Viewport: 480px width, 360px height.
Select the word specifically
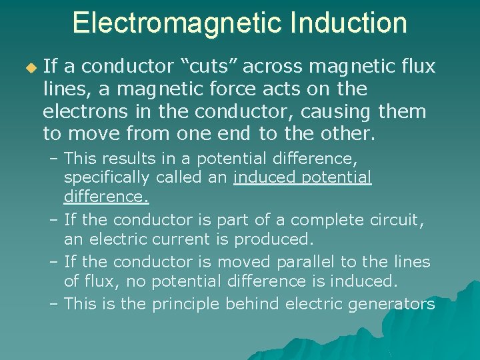[108, 178]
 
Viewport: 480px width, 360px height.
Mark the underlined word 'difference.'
[107, 197]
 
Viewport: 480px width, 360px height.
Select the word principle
[187, 304]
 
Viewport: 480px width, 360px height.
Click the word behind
[253, 303]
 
